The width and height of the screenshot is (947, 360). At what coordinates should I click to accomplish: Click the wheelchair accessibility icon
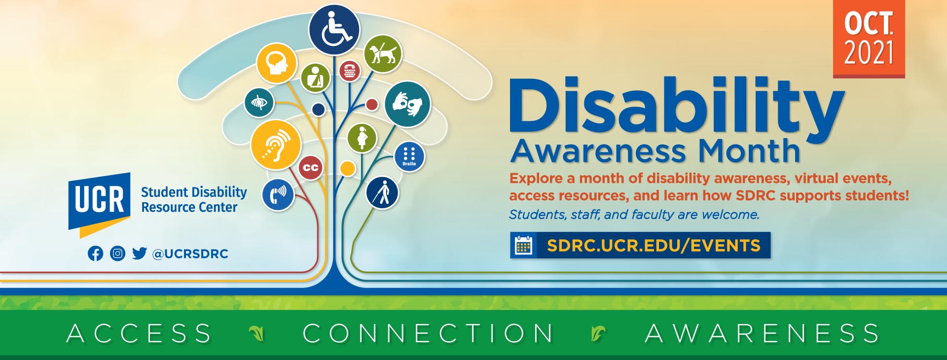coord(334,30)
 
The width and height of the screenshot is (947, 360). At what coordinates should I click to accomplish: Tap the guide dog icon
coord(383,54)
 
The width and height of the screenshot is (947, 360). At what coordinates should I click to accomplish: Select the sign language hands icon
coord(407,105)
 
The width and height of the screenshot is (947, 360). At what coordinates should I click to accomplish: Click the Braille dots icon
coord(409,156)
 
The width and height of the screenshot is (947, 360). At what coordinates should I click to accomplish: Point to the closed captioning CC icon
coord(311,168)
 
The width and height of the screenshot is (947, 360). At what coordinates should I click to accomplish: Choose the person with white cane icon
coord(382,192)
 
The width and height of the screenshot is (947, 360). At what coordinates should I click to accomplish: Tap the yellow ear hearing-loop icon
coord(276,145)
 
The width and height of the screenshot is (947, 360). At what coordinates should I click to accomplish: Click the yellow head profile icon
coord(277,63)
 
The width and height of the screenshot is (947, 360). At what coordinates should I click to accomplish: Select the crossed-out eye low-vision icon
coord(259,103)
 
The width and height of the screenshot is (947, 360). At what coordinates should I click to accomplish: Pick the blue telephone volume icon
coord(278,195)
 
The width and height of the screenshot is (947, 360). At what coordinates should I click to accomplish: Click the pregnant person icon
coord(362,138)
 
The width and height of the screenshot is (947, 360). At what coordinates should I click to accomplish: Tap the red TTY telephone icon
coord(350,71)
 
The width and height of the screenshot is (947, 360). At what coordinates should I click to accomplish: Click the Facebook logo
coord(96,253)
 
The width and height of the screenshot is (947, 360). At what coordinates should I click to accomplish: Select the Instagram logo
coord(117,253)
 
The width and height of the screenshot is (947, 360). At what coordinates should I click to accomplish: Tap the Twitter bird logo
coord(140,253)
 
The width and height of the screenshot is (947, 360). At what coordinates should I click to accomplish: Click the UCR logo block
coord(99,204)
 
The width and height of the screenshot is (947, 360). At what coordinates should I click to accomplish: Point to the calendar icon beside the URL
coord(523,245)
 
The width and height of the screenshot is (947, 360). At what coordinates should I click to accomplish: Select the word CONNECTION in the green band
coord(428,333)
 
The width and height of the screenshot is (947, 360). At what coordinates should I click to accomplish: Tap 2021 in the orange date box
coord(869,52)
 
